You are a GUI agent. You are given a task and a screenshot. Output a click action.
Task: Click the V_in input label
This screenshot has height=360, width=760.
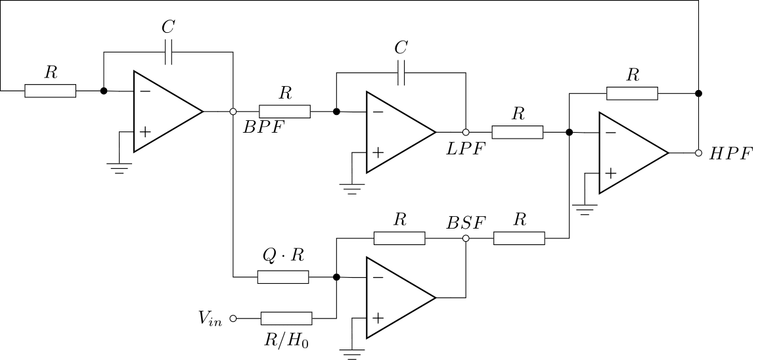(x=210, y=319)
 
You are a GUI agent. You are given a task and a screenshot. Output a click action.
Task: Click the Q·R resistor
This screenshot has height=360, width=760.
(x=283, y=277)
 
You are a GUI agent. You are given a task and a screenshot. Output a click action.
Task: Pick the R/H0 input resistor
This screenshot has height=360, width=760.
(x=287, y=319)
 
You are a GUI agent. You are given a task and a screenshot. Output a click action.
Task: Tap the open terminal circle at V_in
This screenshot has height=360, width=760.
(x=233, y=319)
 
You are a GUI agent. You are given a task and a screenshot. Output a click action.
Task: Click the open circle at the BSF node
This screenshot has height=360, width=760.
(x=466, y=238)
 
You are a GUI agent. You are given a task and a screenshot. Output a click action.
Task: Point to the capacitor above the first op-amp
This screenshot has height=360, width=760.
(x=169, y=52)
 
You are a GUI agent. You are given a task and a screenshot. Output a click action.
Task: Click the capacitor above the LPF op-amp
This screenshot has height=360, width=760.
(x=402, y=73)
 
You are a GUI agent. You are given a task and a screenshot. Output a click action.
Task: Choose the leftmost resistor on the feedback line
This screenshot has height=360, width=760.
(x=50, y=91)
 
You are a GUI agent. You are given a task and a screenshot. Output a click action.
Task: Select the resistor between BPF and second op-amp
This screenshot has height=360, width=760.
(x=284, y=111)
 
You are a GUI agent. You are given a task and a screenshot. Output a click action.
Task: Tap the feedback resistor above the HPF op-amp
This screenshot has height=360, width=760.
(x=632, y=93)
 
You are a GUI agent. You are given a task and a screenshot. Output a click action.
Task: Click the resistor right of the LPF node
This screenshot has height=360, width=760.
(x=518, y=132)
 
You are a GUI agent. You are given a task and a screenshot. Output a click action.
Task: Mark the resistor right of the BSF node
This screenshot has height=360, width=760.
(x=519, y=238)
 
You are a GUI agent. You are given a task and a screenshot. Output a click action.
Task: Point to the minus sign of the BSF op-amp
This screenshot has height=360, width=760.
(x=378, y=278)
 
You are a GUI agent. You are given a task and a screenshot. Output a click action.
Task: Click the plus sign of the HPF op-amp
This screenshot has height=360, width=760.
(x=611, y=173)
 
